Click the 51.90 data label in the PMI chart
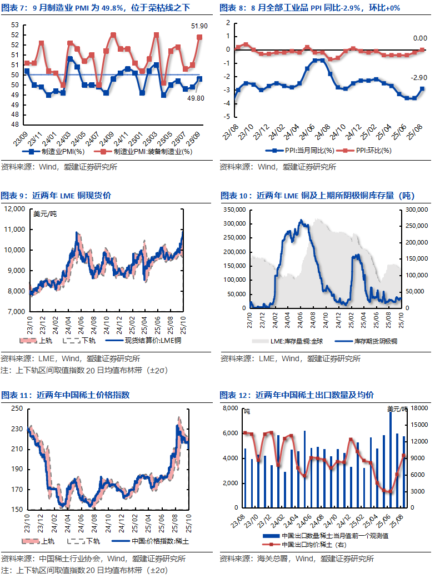click(199, 26)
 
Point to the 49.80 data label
click(196, 98)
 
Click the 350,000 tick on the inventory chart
click(234, 210)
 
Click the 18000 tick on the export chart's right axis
click(419, 408)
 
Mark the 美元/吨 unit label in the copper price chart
click(45, 214)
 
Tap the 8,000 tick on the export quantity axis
click(231, 408)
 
